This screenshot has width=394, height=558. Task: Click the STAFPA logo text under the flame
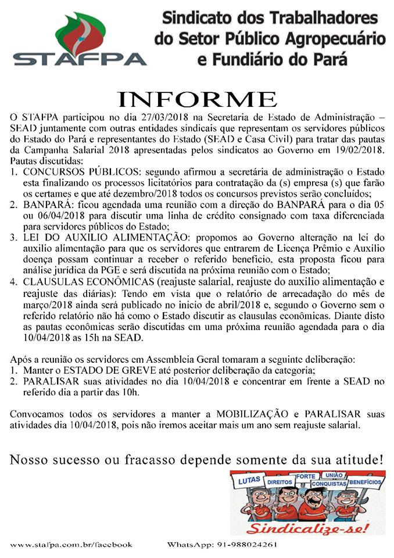point(80,59)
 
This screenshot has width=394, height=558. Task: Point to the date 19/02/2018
point(356,150)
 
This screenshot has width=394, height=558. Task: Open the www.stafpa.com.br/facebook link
point(71,545)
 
